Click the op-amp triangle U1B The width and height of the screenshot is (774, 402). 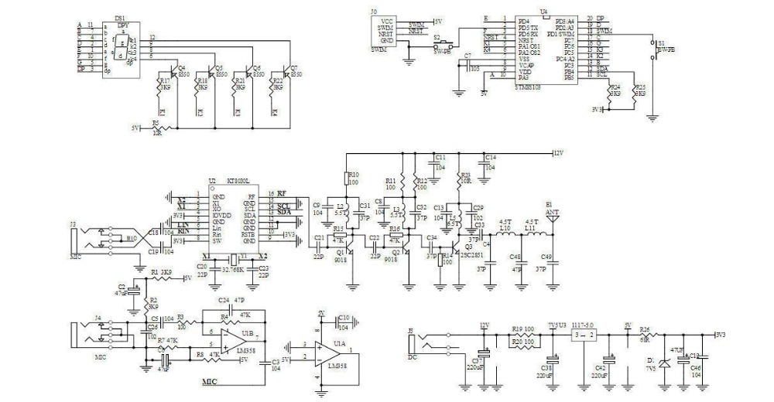230,338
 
